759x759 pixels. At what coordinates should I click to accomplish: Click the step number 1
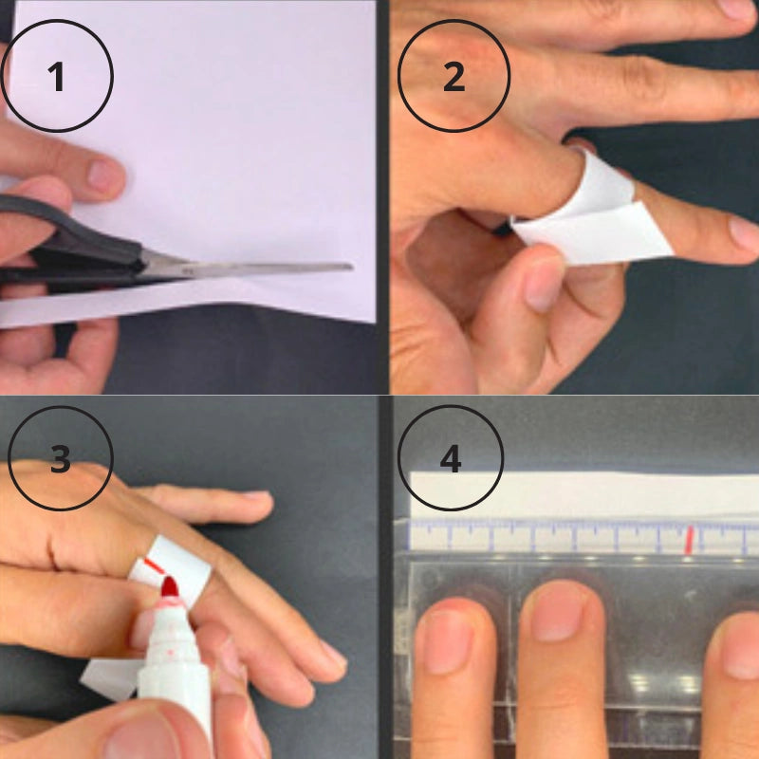(56, 77)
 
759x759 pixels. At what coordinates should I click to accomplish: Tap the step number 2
(454, 77)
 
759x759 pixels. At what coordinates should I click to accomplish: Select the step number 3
(61, 459)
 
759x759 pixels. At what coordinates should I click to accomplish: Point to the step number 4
(450, 459)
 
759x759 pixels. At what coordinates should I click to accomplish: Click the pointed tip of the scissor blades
(351, 267)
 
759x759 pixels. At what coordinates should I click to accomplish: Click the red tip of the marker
(170, 586)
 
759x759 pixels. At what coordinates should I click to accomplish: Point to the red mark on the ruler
(689, 540)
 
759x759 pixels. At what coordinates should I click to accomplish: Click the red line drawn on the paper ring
(154, 565)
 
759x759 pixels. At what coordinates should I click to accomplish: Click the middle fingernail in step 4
(558, 611)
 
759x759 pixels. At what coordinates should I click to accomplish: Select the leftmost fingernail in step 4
(448, 642)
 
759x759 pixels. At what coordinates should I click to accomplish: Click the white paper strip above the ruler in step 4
(583, 495)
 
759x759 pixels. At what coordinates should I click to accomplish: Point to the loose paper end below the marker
(109, 677)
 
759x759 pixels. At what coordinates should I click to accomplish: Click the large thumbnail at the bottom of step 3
(141, 738)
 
